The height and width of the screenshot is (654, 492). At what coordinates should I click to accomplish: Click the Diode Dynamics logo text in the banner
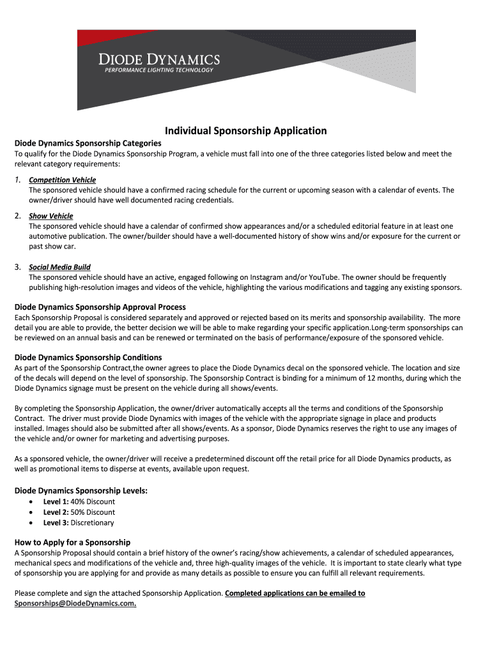(x=158, y=59)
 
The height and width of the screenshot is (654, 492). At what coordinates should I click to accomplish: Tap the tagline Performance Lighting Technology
(x=158, y=70)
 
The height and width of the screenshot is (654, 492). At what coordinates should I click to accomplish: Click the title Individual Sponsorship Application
(x=246, y=131)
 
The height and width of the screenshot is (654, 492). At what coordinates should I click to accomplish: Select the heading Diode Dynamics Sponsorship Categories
(x=88, y=143)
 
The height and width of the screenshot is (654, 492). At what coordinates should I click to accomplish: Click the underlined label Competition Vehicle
(x=62, y=180)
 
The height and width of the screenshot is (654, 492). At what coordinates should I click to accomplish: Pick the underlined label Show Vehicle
(x=51, y=216)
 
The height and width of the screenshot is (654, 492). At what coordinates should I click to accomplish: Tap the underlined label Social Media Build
(x=59, y=267)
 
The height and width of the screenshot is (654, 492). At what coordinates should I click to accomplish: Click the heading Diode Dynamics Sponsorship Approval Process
(x=100, y=307)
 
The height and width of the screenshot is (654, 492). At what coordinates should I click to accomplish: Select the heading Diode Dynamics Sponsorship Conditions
(x=88, y=357)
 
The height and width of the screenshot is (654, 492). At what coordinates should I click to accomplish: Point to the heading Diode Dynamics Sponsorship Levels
(x=81, y=490)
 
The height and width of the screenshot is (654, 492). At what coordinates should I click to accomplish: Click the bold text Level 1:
(x=56, y=501)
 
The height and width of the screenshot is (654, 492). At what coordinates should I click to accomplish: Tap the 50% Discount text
(x=93, y=512)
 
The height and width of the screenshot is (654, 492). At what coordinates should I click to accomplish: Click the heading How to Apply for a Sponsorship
(x=72, y=542)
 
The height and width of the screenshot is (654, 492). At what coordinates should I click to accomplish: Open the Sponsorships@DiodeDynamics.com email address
(x=75, y=604)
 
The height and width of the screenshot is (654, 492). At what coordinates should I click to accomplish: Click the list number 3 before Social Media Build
(x=18, y=267)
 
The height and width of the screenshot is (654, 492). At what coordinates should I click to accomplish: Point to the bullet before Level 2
(x=31, y=512)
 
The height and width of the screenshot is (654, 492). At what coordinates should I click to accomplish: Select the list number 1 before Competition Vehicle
(x=18, y=180)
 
